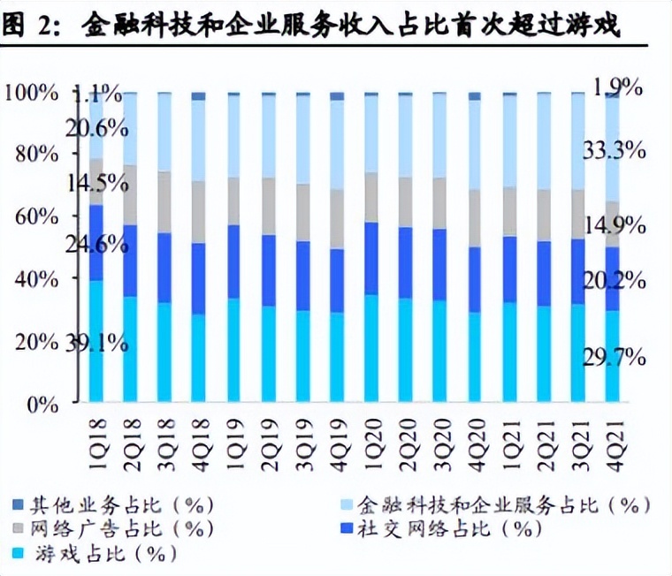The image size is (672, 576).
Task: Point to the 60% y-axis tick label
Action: click(x=34, y=216)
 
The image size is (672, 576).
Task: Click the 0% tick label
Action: click(x=41, y=405)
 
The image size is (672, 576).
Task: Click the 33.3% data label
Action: click(x=614, y=151)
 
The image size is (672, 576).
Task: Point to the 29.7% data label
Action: click(x=614, y=357)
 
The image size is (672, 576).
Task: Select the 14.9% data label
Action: click(x=614, y=225)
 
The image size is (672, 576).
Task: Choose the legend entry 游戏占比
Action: click(x=97, y=554)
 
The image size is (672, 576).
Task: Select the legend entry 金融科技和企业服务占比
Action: click(x=496, y=505)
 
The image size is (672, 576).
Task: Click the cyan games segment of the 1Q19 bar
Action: click(x=233, y=349)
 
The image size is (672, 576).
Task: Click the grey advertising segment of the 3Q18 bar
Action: click(x=164, y=202)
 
